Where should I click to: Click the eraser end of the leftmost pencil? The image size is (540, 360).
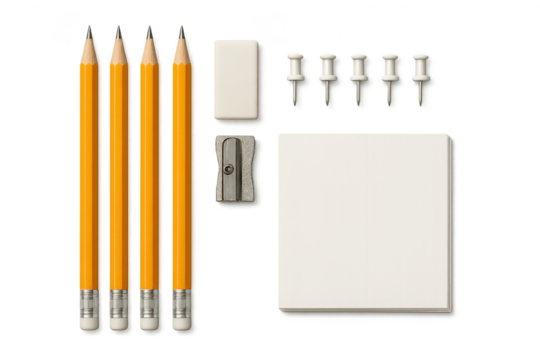(x=89, y=321)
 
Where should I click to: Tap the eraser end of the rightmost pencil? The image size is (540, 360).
(x=183, y=321)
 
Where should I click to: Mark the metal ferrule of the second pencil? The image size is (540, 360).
(x=119, y=301)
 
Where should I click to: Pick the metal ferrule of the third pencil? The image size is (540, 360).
(x=151, y=301)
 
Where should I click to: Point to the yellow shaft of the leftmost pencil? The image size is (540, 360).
(x=90, y=170)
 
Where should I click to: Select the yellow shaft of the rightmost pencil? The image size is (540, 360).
(x=182, y=170)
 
